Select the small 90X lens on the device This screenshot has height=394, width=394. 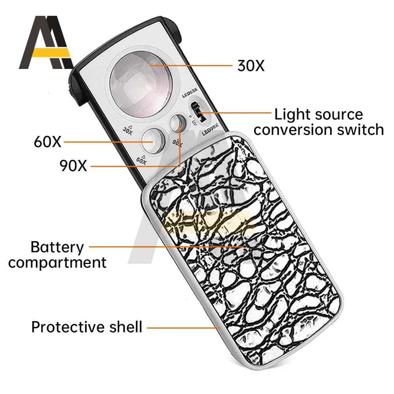pos(176,123)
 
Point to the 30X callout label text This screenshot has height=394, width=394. pos(251,66)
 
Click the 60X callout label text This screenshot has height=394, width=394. pos(48,142)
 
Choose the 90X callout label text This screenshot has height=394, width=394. pos(73,166)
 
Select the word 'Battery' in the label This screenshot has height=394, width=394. pos(58,247)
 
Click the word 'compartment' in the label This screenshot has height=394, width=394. pos(58,262)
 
